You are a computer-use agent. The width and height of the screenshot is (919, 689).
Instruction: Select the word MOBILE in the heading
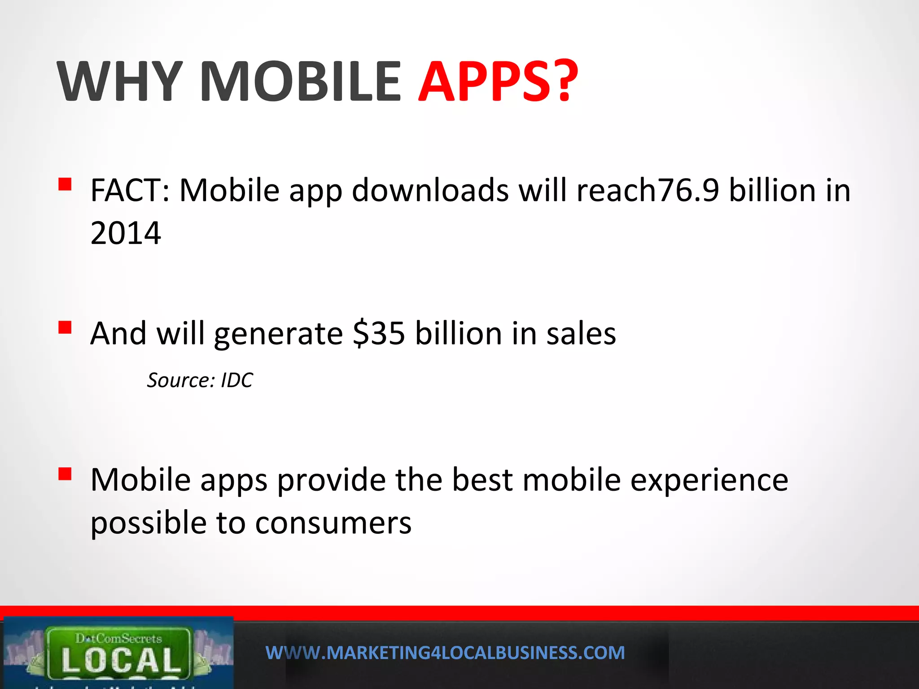point(300,82)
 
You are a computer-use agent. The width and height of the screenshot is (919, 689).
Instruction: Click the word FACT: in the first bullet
point(130,191)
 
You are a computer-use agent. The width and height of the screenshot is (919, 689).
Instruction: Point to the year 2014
point(126,233)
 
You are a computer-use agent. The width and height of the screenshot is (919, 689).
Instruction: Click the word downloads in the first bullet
point(430,191)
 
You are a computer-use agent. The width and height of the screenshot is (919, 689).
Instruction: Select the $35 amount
point(379,334)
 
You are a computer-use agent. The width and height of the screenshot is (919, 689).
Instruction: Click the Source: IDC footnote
point(200,380)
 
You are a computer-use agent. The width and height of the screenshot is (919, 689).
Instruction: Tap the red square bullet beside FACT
point(65,184)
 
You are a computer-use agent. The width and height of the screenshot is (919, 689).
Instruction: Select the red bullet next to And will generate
point(65,327)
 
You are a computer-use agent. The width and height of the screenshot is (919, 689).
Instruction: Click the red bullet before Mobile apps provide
point(65,474)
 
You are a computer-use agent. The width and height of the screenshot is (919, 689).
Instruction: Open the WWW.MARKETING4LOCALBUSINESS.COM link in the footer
point(445,653)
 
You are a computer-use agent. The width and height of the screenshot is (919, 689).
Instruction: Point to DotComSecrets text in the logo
point(118,638)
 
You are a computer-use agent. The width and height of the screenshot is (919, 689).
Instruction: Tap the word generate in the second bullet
point(278,335)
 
